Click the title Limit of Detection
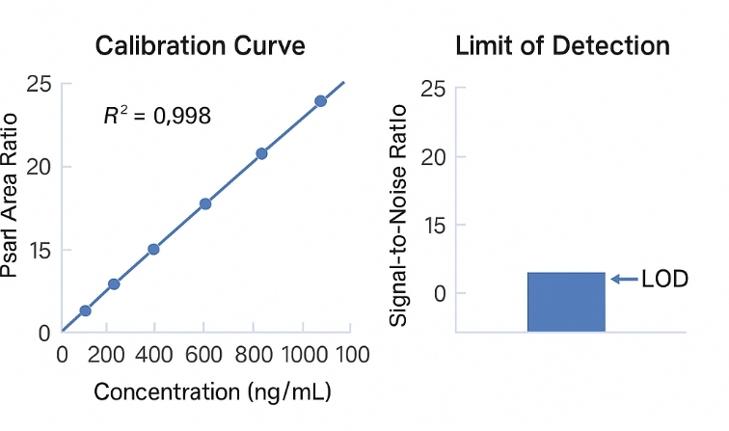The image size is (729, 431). click(x=562, y=45)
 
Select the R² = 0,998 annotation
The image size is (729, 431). click(x=157, y=117)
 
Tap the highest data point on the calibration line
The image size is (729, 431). click(x=320, y=101)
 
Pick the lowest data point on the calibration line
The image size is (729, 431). click(x=85, y=310)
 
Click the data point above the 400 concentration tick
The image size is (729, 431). click(x=153, y=249)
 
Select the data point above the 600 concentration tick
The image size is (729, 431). click(x=205, y=203)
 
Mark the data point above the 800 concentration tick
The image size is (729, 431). click(x=261, y=153)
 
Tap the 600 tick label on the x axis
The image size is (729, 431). click(x=204, y=354)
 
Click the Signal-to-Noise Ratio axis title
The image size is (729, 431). click(x=399, y=214)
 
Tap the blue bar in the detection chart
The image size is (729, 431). click(x=566, y=302)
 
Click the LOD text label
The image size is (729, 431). click(x=664, y=280)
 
